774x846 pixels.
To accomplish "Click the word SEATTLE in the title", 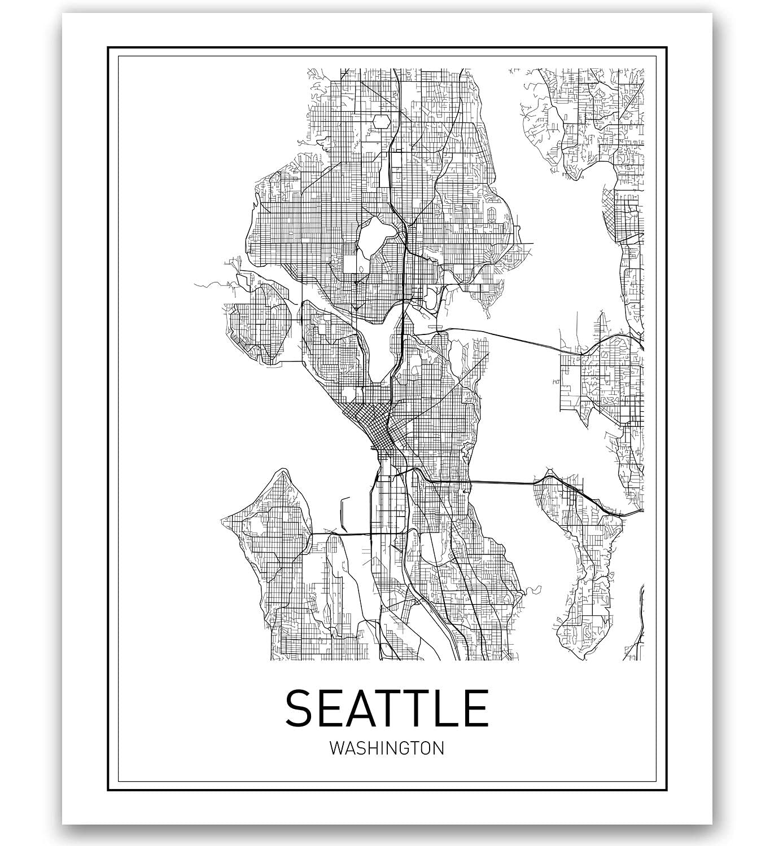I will pos(387,707).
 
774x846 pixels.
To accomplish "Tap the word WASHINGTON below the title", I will pos(387,748).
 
